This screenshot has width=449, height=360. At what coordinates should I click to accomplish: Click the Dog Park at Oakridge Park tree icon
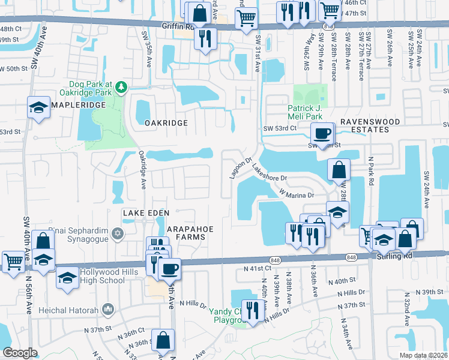(x=121, y=88)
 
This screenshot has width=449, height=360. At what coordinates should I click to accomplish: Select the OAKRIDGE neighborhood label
(x=166, y=122)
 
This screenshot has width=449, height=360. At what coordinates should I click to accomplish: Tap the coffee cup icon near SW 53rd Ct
(x=322, y=133)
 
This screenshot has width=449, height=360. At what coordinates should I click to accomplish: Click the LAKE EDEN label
(x=146, y=213)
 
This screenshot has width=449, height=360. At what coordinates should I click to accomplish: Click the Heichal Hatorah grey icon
(x=108, y=309)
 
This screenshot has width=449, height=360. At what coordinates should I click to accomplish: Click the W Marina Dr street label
(x=296, y=193)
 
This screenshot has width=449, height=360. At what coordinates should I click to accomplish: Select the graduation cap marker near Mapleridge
(x=38, y=109)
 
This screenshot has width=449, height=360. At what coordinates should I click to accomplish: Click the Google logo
(x=20, y=353)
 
